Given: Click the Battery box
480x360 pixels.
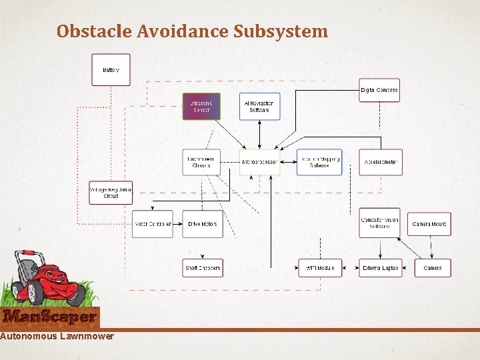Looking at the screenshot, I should click(x=111, y=70).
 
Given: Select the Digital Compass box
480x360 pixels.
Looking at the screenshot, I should click(x=379, y=90).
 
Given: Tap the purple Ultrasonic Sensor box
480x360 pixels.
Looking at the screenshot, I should click(x=201, y=107).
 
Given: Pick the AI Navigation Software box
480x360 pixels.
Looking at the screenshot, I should click(x=259, y=107).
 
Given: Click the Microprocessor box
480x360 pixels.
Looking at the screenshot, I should click(x=259, y=162).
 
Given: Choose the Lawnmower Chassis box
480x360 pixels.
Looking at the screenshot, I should click(x=201, y=162).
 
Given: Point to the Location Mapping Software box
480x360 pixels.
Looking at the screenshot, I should click(x=319, y=162).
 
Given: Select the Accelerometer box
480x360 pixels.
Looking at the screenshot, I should click(x=381, y=162).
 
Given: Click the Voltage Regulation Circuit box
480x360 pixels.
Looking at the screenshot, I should click(x=111, y=193).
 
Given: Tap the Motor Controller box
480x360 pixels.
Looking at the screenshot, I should click(x=152, y=224).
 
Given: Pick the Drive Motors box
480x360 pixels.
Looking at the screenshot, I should click(x=202, y=224).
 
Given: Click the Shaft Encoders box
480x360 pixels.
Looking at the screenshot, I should click(x=202, y=268).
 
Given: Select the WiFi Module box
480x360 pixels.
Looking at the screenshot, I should click(x=320, y=268).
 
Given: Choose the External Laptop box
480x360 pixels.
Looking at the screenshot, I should click(x=381, y=268).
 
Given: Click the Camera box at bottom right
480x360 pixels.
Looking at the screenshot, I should click(x=432, y=268).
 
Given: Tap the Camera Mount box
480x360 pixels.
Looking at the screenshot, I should click(x=429, y=224).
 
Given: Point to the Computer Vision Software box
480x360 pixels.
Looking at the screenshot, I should click(x=381, y=223).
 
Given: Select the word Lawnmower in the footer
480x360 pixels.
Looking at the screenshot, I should click(x=86, y=336).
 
